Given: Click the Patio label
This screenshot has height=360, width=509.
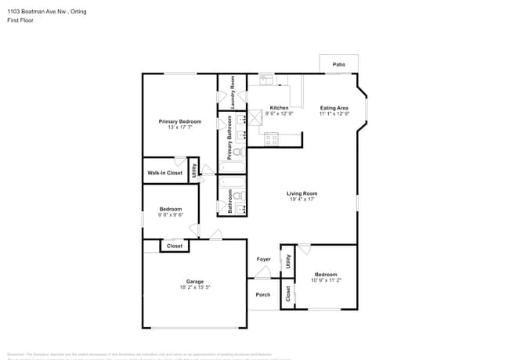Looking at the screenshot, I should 338,64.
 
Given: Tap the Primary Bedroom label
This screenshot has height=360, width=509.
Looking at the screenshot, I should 179,121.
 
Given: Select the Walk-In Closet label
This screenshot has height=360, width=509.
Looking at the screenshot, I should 163,172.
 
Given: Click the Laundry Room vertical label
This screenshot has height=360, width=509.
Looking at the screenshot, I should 233,92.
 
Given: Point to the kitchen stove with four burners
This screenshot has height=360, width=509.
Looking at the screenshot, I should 272,139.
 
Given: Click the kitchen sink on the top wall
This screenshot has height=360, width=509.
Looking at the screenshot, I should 266,79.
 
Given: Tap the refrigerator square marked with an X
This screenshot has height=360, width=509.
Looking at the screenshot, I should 255,118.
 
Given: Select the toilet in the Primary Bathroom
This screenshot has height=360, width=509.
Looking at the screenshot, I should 242,153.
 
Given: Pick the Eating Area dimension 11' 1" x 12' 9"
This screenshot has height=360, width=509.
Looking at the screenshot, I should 334,113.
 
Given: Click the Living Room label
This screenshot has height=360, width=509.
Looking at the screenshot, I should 301,193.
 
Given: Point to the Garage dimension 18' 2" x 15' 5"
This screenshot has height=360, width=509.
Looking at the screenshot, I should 194,287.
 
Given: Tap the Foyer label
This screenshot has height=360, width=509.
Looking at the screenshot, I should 263,259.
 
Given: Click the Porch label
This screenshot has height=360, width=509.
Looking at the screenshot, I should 263,294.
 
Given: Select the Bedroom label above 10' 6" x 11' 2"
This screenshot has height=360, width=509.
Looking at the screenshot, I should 325,274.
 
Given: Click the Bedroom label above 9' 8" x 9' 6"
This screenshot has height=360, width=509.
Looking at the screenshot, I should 171,209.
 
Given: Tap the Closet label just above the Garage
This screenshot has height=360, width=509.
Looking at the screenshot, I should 175,246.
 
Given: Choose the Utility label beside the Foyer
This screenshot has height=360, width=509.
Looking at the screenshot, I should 287,262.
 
